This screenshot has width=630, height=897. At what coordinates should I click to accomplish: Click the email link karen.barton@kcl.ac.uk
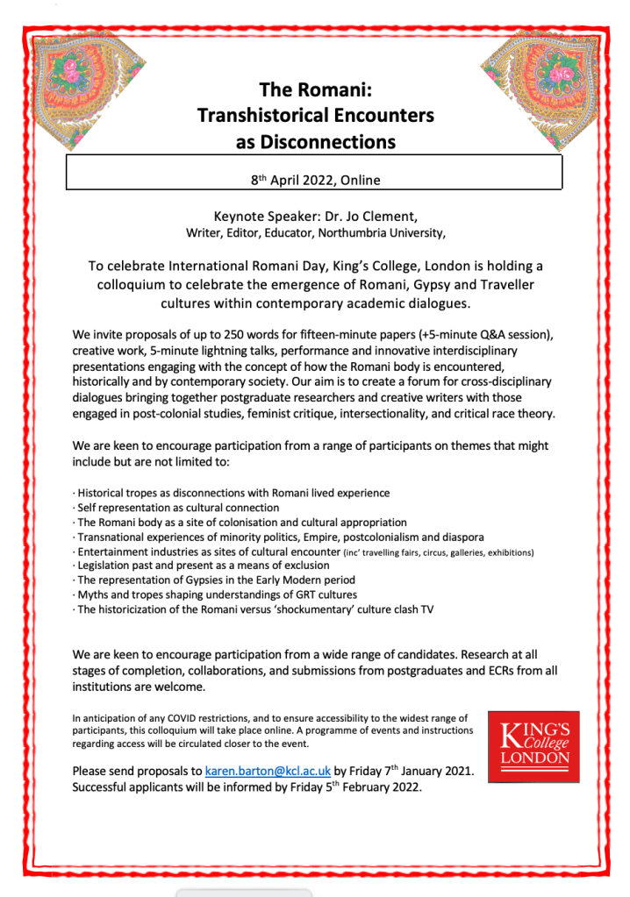pyautogui.click(x=268, y=771)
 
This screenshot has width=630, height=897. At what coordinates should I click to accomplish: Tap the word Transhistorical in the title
pyautogui.click(x=261, y=115)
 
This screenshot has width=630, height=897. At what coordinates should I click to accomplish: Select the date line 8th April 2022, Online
pyautogui.click(x=315, y=181)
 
